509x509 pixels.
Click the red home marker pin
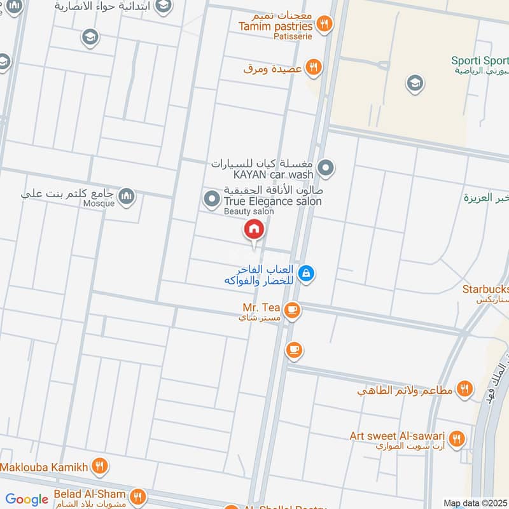point(254,229)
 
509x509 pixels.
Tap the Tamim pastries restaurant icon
point(324,24)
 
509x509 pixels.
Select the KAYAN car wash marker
point(326,169)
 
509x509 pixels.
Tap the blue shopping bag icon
point(307,274)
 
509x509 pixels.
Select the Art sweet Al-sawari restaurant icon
point(456,438)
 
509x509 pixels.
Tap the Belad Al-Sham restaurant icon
point(137,496)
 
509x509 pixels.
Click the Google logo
point(27,499)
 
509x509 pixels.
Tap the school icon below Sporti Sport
point(415,83)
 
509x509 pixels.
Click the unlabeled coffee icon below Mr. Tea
point(293,349)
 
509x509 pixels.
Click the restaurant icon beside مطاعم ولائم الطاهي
point(465,389)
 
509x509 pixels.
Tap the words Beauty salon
point(249,211)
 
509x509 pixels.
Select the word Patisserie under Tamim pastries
point(293,36)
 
